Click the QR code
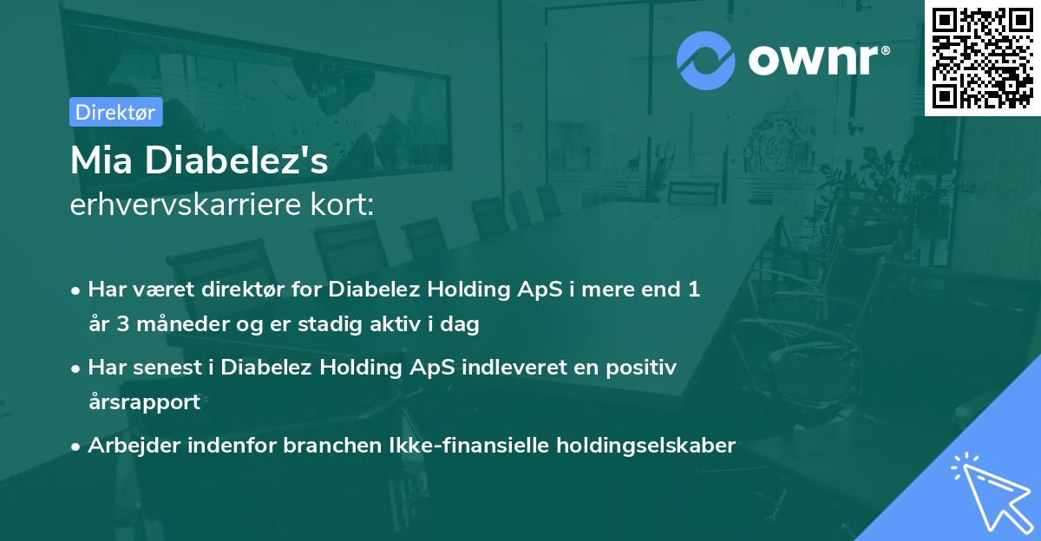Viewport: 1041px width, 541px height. pyautogui.click(x=982, y=58)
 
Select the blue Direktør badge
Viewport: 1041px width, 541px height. pyautogui.click(x=116, y=112)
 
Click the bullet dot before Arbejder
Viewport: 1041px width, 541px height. pyautogui.click(x=76, y=447)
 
